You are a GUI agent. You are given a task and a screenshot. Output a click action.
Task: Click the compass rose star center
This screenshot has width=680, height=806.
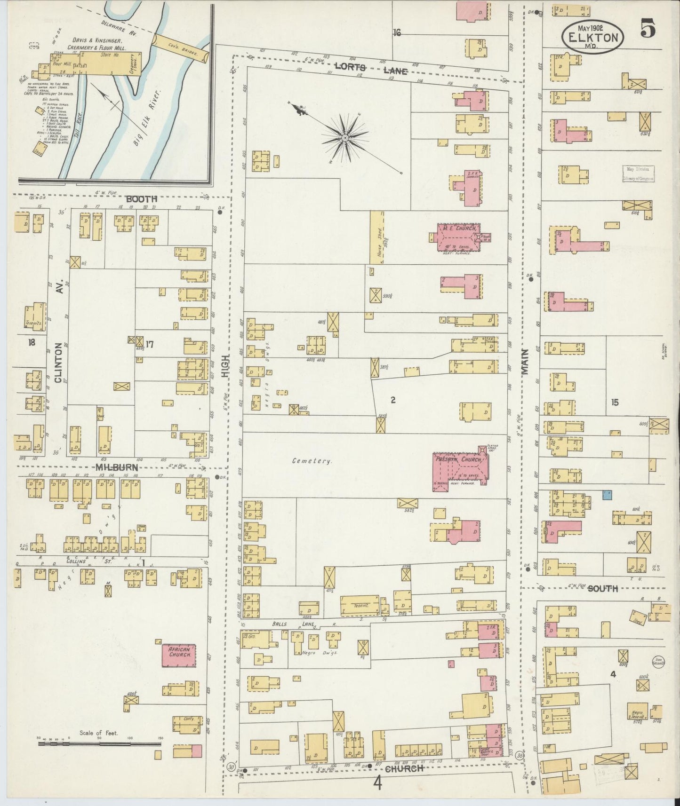click(345, 137)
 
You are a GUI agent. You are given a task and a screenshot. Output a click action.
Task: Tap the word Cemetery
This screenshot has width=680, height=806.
click(312, 461)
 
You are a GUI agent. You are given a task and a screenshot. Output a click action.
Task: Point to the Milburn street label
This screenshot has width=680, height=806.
click(117, 467)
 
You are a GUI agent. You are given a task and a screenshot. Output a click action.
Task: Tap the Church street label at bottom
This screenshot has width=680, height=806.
click(405, 768)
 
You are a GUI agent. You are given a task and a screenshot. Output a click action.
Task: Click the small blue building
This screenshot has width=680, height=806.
click(607, 494)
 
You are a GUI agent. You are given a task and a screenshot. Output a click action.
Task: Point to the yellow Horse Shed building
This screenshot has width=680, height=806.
click(377, 237)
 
